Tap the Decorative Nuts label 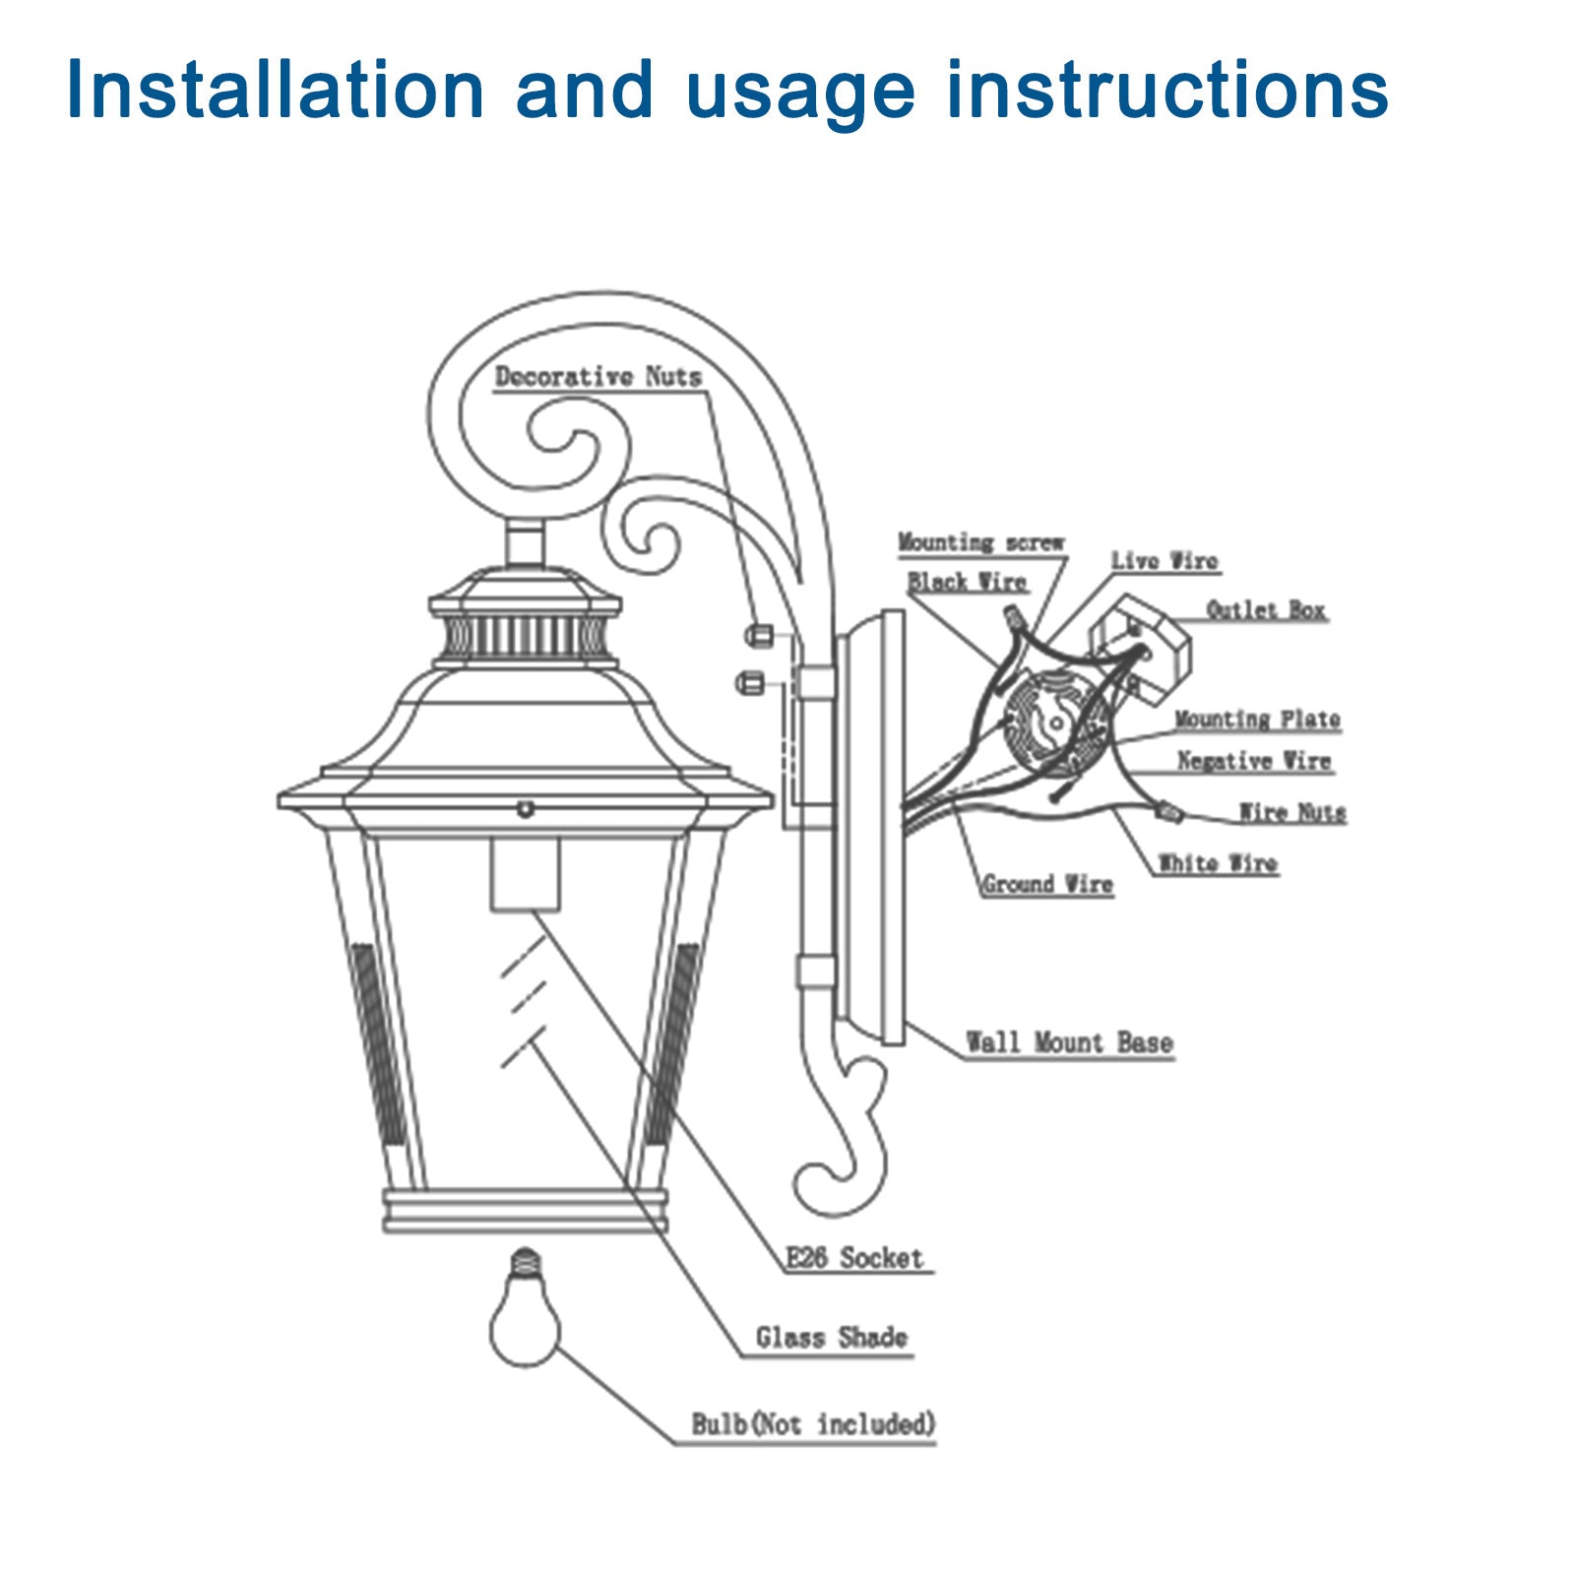point(598,377)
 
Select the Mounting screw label point(980,542)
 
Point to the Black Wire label point(967,582)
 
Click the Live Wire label point(1165,561)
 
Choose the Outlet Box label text point(1266,610)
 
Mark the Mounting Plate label point(1257,720)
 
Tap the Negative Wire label point(1254,761)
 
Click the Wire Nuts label point(1291,812)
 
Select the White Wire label point(1218,863)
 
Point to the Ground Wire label point(1047,884)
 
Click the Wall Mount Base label point(1069,1042)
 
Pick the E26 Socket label point(854,1258)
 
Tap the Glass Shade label point(831,1338)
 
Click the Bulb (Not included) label point(812,1424)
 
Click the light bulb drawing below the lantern point(526,1319)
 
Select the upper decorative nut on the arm point(757,635)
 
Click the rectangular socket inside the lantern point(526,874)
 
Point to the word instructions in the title point(1166,91)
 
